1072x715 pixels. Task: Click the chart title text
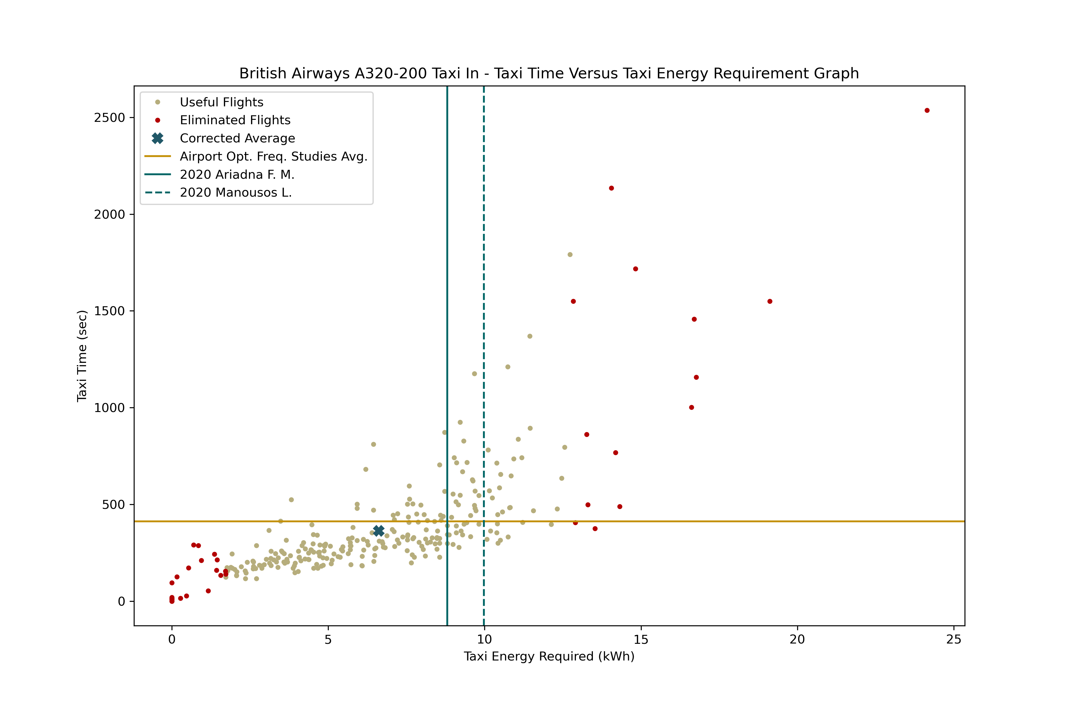point(549,73)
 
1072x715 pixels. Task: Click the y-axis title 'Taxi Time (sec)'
point(82,356)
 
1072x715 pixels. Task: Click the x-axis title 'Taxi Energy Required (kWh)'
point(549,656)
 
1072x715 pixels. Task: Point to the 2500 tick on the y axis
point(109,118)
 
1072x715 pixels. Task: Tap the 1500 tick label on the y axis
point(109,311)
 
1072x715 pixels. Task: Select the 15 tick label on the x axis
point(641,639)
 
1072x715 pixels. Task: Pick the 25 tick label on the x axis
point(953,639)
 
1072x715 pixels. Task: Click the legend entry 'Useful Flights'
point(222,102)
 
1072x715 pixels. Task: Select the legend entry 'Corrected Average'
point(237,138)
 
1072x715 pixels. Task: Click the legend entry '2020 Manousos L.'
point(236,192)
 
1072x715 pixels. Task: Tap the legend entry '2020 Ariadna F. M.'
point(237,175)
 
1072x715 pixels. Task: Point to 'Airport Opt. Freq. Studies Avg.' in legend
point(273,156)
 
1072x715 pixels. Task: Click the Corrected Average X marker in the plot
point(378,530)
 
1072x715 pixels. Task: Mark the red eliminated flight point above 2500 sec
point(927,110)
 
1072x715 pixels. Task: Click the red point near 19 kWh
point(770,301)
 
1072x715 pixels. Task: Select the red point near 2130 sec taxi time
point(611,188)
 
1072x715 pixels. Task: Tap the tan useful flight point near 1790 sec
point(570,254)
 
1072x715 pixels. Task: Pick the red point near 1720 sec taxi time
point(635,269)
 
